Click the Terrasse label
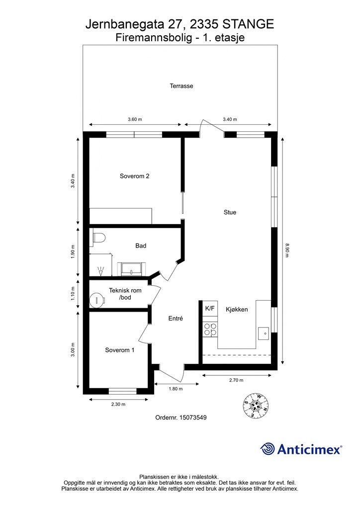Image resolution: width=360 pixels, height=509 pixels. pos(181,86)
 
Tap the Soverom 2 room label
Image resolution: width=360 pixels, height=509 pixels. pos(134,176)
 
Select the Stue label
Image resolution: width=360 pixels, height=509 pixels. pos(230,212)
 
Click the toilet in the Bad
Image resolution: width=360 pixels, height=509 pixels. pos(99,238)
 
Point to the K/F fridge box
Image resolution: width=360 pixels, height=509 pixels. pos(210,308)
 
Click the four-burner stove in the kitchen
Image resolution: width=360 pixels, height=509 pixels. pos(210,329)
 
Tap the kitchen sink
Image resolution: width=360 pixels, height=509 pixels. pos(264,333)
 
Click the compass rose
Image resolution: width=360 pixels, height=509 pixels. pos(256,405)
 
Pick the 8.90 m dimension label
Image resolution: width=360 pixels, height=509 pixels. pos(286,250)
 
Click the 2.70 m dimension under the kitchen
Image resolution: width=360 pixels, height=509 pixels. pos(236,380)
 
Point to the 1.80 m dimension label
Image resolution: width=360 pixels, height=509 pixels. pos(176,389)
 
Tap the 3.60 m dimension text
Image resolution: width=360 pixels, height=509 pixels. pos(135,119)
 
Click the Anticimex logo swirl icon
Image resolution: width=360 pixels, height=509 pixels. pos(268,449)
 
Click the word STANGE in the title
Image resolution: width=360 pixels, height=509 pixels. pos(248,24)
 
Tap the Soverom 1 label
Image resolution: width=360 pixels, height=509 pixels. pos(119,350)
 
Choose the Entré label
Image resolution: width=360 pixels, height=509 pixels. pos(176,319)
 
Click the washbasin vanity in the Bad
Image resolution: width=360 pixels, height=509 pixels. pos(131,269)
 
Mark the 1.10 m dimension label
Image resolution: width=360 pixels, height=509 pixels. pos(73,293)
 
